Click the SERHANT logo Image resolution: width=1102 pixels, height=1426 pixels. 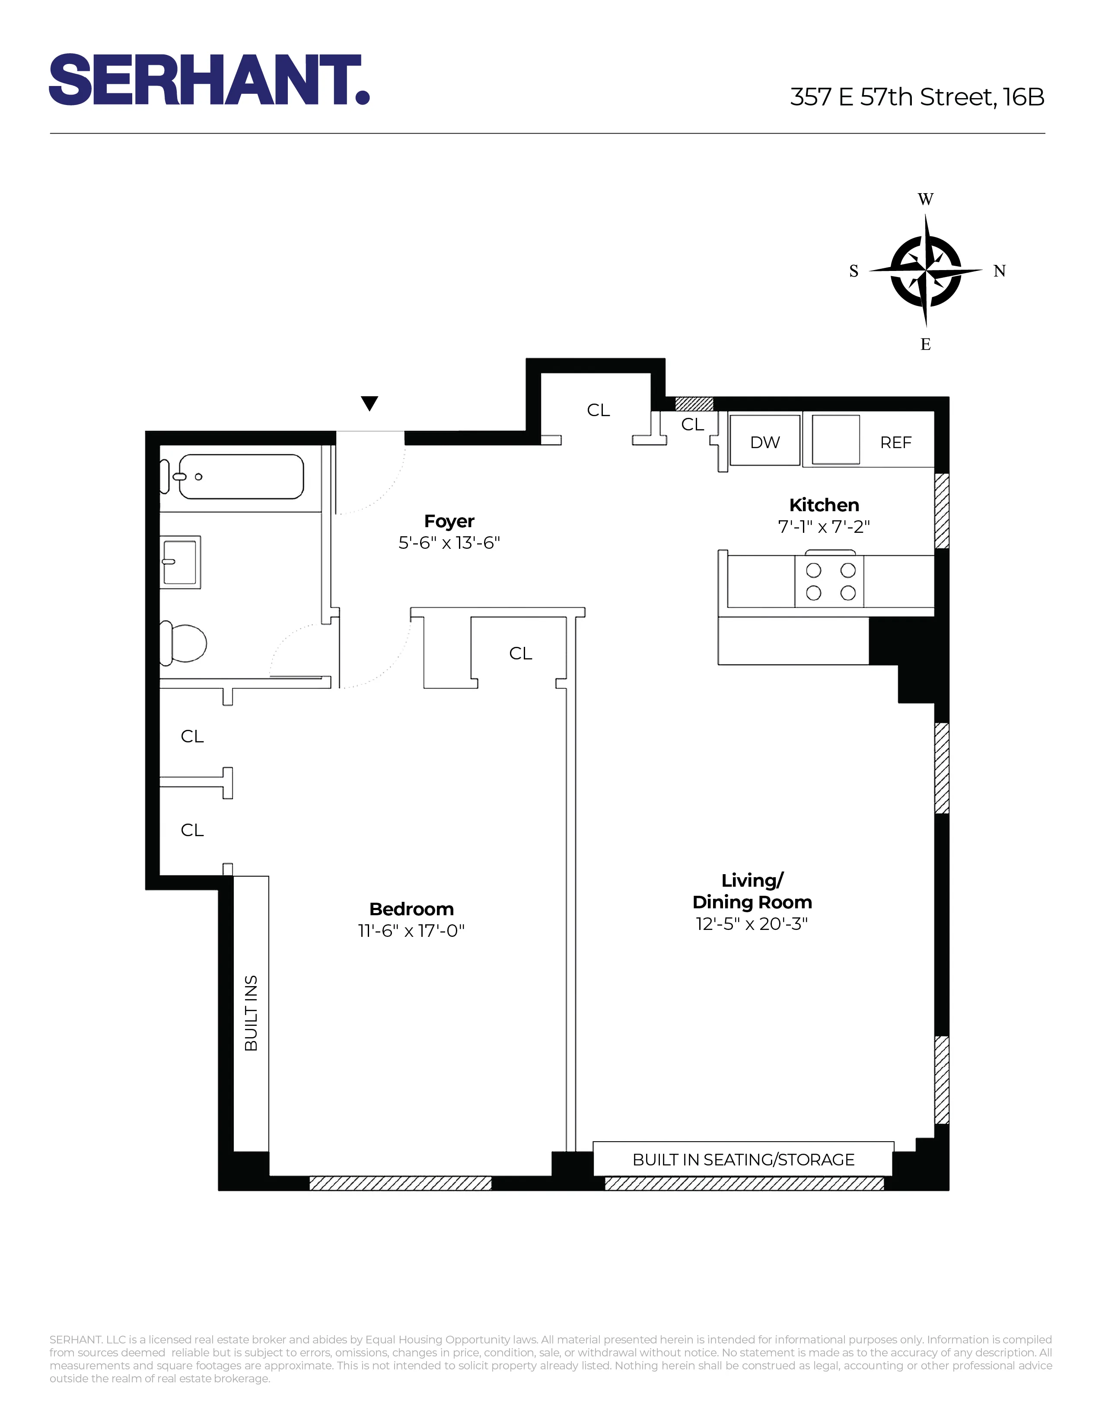[209, 80]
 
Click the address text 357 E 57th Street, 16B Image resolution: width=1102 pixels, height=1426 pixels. [917, 97]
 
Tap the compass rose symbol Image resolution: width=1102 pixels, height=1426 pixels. [925, 271]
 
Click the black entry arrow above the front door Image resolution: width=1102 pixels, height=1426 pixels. [369, 404]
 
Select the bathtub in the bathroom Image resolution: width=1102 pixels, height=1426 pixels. [240, 477]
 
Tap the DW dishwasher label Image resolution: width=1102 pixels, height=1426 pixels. [764, 442]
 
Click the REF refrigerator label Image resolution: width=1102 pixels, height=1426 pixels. [895, 442]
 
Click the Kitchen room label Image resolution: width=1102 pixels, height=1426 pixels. [824, 505]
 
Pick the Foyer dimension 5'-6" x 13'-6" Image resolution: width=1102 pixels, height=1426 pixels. [449, 543]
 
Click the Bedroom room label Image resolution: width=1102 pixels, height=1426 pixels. [411, 908]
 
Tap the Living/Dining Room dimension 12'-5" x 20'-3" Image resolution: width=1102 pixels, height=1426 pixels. [752, 923]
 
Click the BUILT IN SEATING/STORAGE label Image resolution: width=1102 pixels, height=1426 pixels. [743, 1160]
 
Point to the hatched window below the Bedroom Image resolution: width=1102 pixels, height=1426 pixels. [400, 1183]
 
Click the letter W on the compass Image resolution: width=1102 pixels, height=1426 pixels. [925, 199]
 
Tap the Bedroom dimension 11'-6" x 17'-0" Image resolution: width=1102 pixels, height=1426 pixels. [411, 930]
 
